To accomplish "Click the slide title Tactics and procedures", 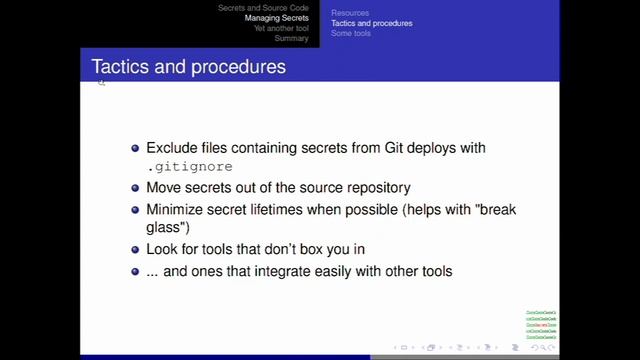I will coord(188,67).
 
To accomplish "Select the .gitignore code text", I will coord(189,167).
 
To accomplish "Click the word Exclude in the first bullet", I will coord(172,148).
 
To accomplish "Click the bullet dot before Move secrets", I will coord(136,188).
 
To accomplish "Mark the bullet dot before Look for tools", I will coord(136,249).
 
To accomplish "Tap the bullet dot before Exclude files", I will coord(136,148).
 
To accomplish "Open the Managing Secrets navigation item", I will coord(277,18).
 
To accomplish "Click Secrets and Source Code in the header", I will coord(263,8).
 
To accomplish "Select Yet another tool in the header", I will coord(281,28).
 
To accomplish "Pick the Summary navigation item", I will coord(292,38).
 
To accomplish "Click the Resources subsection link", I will coord(350,13).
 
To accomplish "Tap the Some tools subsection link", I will coord(351,33).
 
